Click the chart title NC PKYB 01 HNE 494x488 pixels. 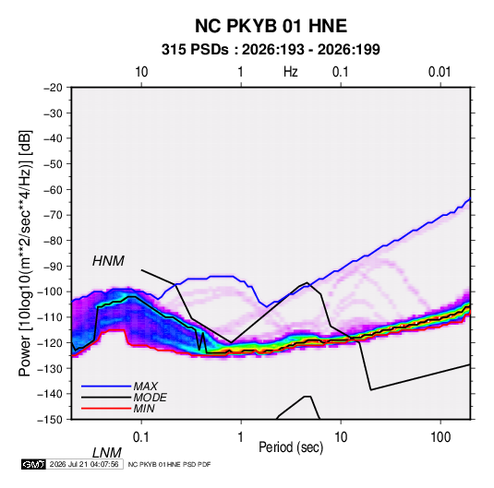click(271, 26)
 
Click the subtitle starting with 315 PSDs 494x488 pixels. click(271, 50)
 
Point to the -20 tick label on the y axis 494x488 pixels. click(53, 88)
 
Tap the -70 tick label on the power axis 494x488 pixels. click(53, 215)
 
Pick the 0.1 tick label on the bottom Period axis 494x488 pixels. click(141, 437)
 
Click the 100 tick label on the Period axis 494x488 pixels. click(440, 437)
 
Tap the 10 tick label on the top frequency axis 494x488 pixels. click(141, 72)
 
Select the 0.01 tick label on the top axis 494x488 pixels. click(440, 72)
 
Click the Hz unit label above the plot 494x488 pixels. click(291, 72)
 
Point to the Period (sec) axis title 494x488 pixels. click(291, 447)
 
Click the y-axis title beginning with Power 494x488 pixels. click(25, 254)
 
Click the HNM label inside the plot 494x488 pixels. click(108, 261)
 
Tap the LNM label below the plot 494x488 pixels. click(107, 453)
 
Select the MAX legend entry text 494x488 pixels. click(145, 387)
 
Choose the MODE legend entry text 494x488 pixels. click(150, 398)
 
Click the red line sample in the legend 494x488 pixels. click(106, 409)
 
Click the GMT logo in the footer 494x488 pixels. click(33, 464)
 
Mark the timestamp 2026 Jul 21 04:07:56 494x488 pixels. click(84, 464)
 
